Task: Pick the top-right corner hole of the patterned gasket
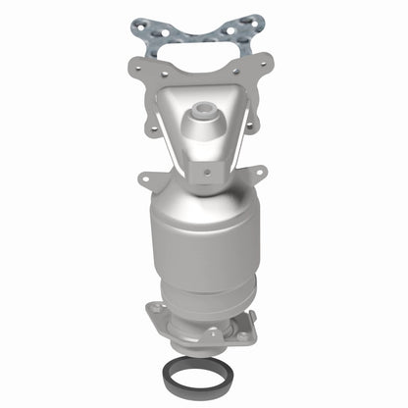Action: click(x=258, y=23)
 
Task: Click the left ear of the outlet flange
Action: click(x=155, y=315)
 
